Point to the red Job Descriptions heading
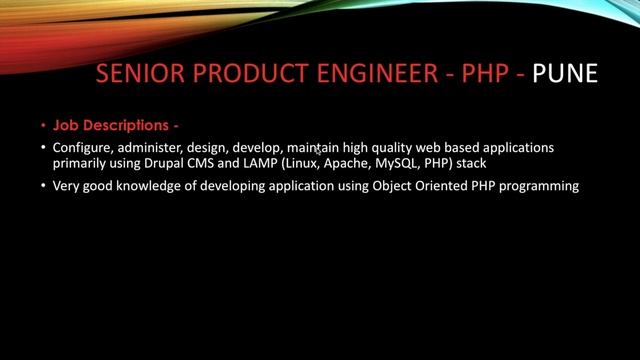click(x=116, y=126)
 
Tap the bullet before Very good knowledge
click(x=44, y=186)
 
